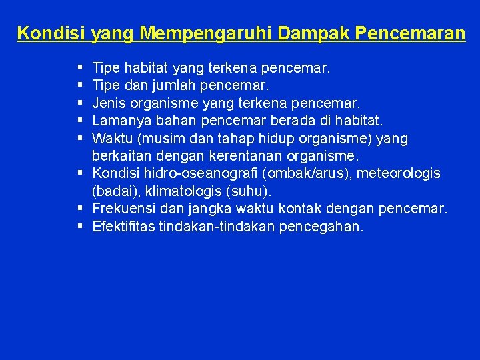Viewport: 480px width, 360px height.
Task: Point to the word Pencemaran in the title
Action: (413, 33)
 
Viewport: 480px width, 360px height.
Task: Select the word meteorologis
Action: (399, 173)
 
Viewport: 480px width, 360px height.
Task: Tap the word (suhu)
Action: (248, 191)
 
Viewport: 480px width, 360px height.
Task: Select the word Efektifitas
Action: (119, 227)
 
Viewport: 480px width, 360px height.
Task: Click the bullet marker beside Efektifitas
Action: (79, 227)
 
